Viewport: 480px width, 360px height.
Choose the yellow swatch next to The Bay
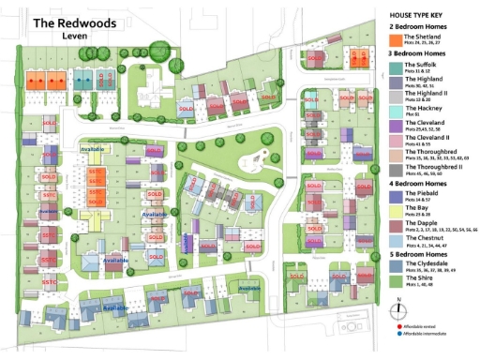coord(396,210)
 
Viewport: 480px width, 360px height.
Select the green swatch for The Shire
coord(396,281)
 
